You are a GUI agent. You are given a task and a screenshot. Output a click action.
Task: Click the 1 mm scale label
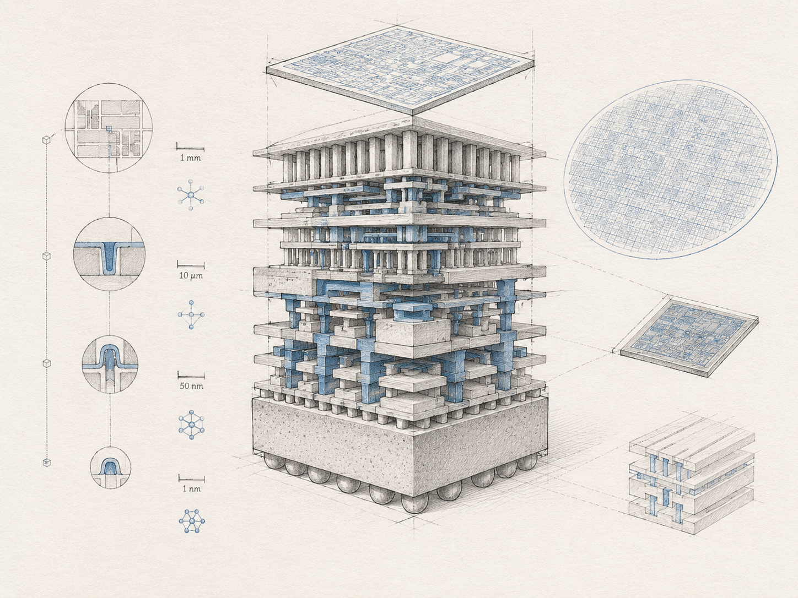[x=190, y=158]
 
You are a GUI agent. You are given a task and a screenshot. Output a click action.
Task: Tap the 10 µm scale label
[x=191, y=275]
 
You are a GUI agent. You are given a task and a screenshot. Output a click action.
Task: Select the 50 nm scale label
[x=191, y=386]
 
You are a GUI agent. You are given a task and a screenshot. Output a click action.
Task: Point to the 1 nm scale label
[x=192, y=489]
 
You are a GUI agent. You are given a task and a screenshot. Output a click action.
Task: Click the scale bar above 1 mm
[x=190, y=148]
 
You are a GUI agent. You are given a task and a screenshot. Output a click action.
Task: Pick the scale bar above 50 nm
[x=191, y=376]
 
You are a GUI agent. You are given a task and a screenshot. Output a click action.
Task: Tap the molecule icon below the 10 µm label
[x=191, y=315]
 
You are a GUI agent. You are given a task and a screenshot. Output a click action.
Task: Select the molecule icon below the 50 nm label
[x=192, y=425]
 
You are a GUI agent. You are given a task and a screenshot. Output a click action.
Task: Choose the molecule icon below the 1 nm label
[x=192, y=521]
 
